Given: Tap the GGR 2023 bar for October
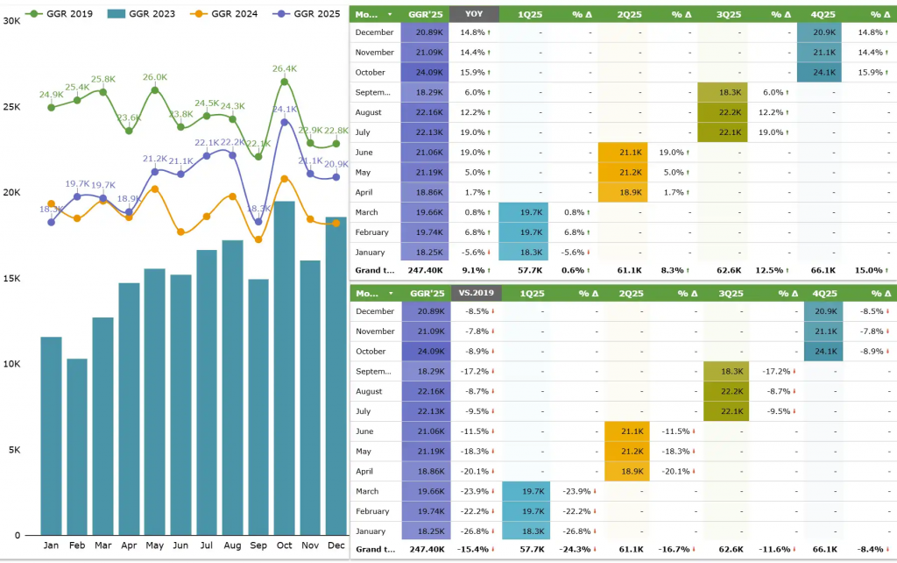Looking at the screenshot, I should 284,368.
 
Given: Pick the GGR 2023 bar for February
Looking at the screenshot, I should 77,446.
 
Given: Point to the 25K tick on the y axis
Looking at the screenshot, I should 12,107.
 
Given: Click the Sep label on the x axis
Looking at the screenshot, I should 258,545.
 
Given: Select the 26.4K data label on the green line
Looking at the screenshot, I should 285,68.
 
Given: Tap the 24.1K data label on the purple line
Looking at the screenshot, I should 285,110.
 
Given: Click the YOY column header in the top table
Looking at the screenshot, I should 474,13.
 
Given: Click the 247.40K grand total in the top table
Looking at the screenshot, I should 425,270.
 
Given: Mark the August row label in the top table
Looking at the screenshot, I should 370,112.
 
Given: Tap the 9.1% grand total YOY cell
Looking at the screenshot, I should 474,270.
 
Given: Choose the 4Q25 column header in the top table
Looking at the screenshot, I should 823,13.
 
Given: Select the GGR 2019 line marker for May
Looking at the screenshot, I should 154,89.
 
